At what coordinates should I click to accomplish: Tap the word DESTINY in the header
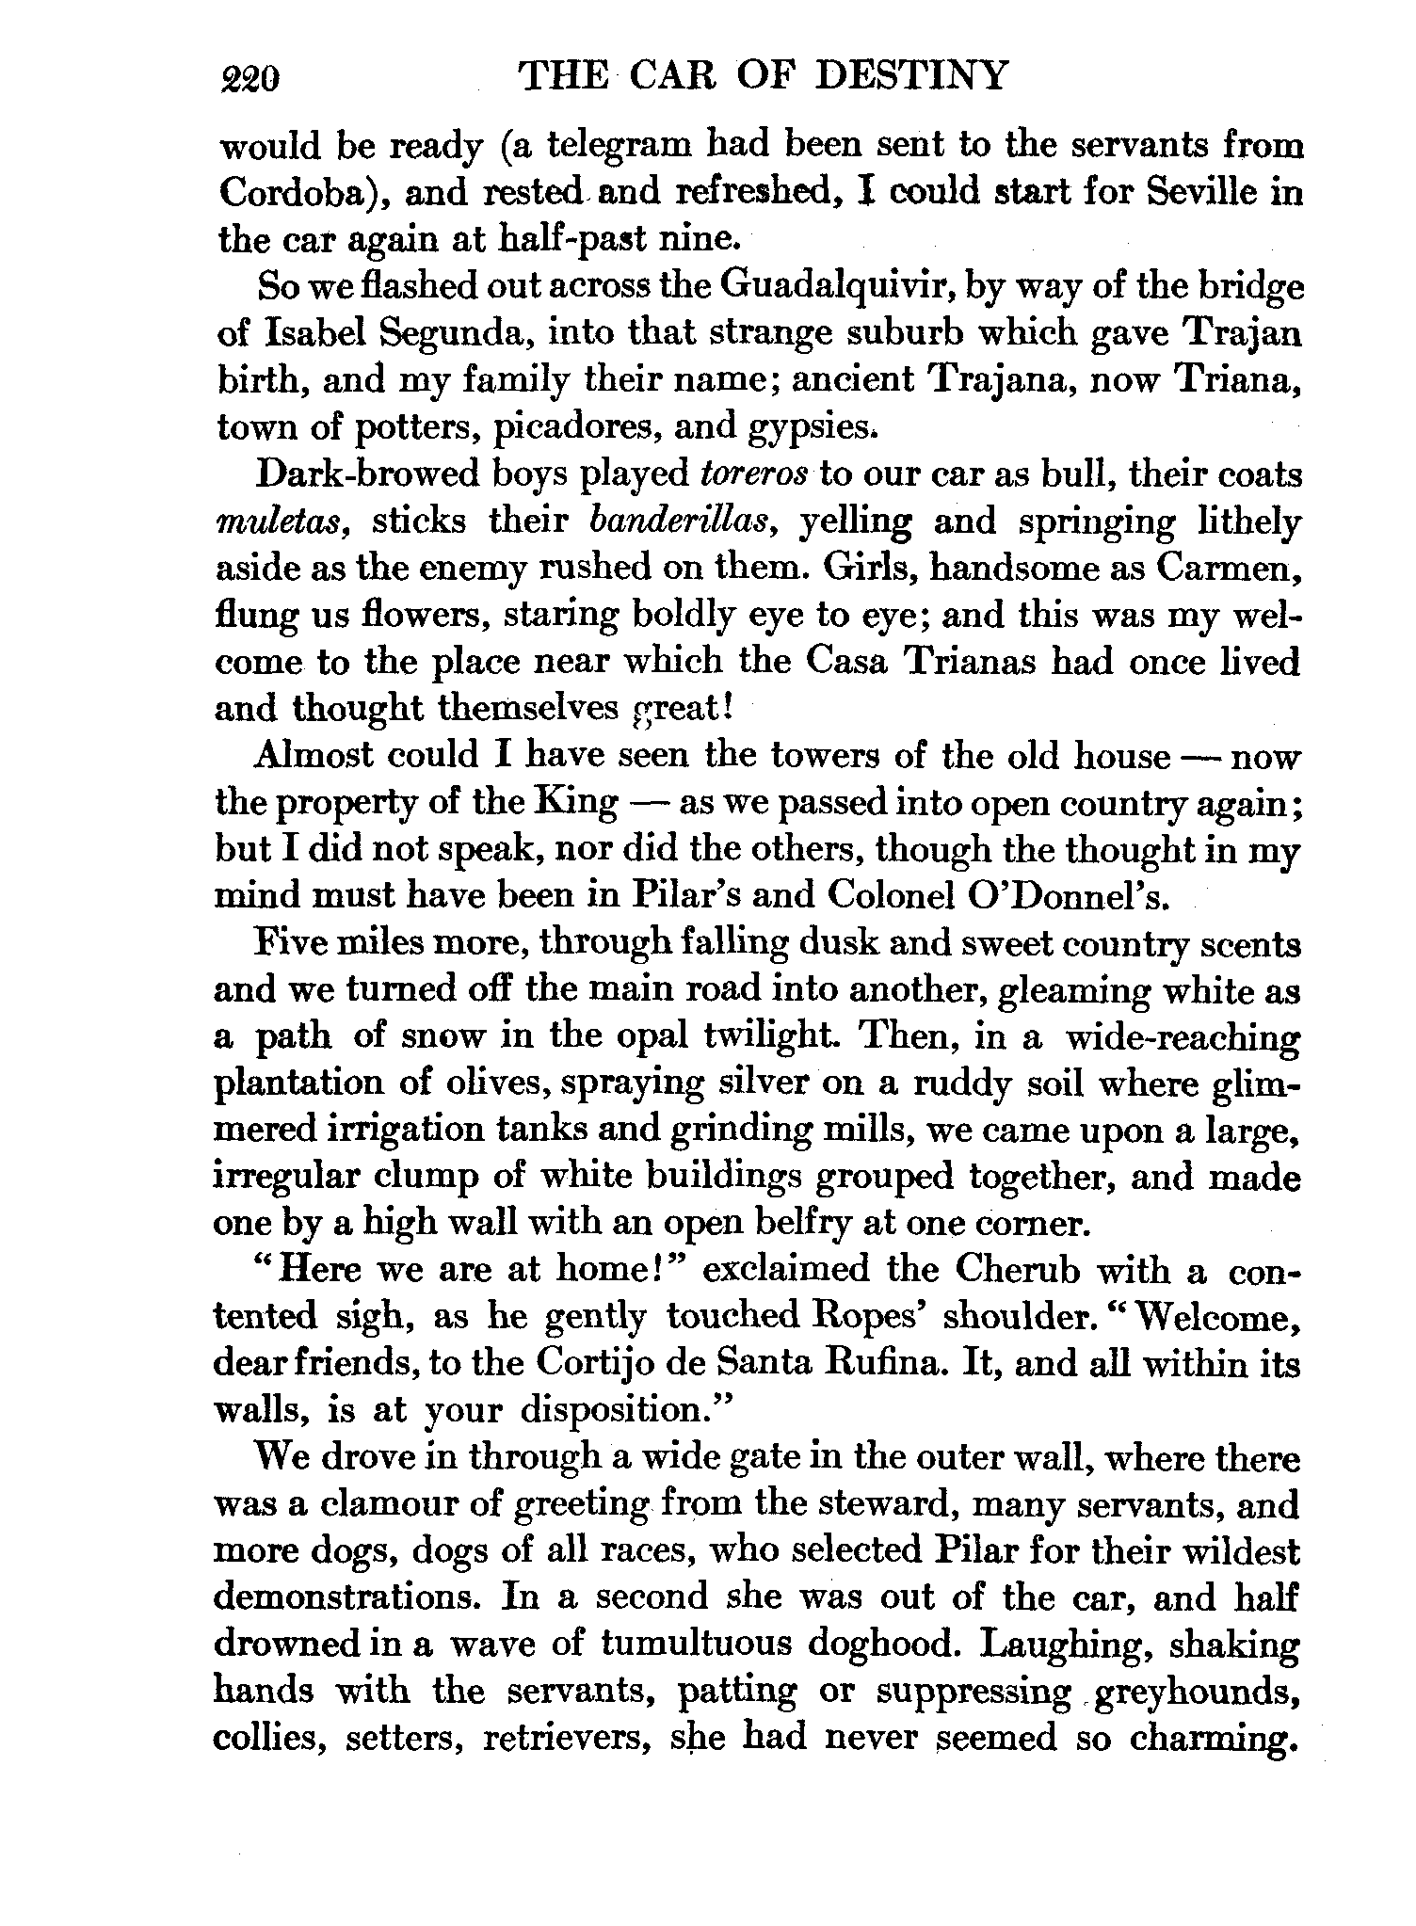910,74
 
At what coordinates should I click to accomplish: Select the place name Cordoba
291,193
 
